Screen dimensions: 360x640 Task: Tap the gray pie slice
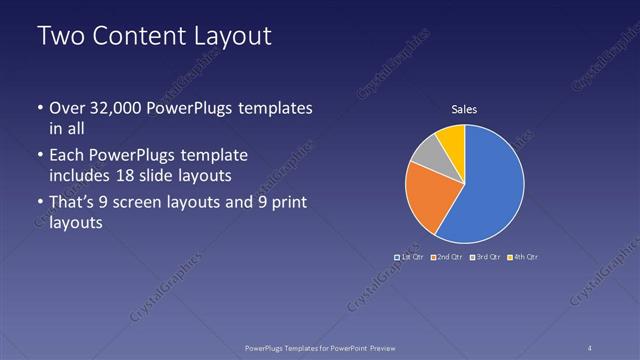pos(428,153)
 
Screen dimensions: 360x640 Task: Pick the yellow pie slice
pos(452,138)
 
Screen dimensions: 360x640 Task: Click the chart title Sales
pos(464,109)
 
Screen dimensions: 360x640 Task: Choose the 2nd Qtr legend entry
pos(446,257)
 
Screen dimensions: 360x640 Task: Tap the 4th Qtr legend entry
pos(523,257)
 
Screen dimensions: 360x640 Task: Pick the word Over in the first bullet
pos(67,108)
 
